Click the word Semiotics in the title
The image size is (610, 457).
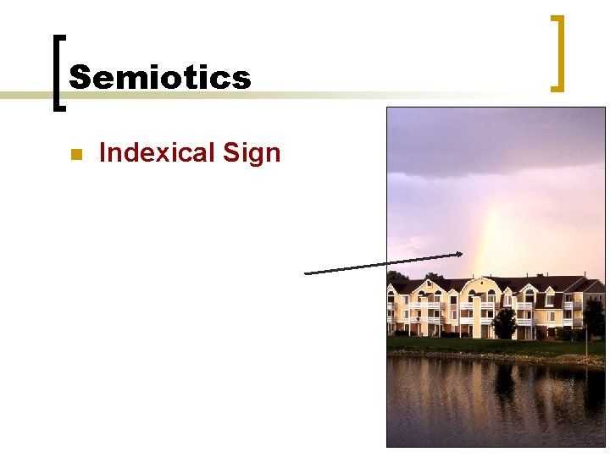click(160, 78)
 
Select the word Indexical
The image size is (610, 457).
click(157, 153)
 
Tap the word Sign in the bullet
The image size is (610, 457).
click(251, 154)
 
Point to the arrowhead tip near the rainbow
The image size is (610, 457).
click(462, 253)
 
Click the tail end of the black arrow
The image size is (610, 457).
click(306, 273)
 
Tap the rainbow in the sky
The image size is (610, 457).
click(485, 245)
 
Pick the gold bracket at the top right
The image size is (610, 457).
click(557, 52)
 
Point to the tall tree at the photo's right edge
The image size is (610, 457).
click(595, 317)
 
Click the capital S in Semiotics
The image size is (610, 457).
click(80, 78)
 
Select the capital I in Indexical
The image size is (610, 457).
click(103, 153)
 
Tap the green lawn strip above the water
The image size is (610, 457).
click(474, 345)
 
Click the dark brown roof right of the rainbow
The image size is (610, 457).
click(542, 284)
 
